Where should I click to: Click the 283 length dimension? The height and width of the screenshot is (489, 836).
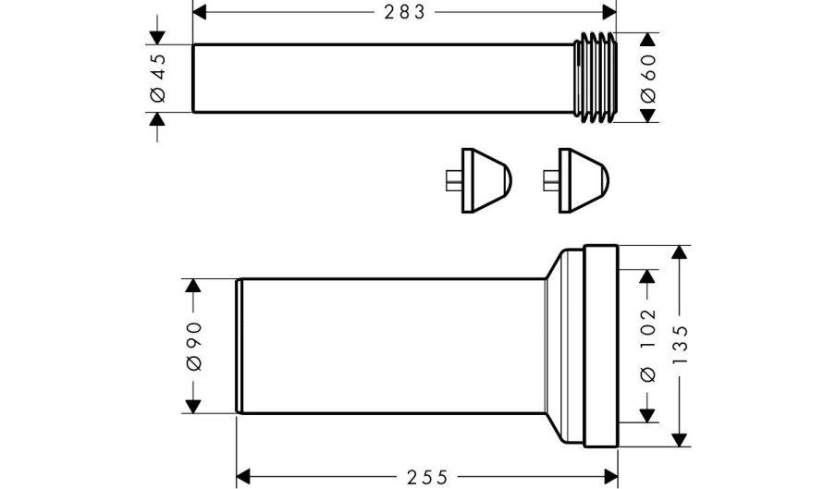click(x=405, y=12)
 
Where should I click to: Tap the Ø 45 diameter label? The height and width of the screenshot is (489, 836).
click(x=158, y=78)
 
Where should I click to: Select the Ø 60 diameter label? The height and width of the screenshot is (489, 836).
click(x=648, y=78)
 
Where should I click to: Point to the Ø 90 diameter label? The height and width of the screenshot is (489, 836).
click(x=194, y=346)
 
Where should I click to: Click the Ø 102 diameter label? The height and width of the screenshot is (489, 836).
click(x=647, y=345)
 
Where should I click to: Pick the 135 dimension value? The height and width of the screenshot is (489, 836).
click(x=680, y=345)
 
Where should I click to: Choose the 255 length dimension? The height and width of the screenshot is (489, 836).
click(x=427, y=477)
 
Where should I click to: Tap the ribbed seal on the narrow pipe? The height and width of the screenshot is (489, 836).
click(x=597, y=78)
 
